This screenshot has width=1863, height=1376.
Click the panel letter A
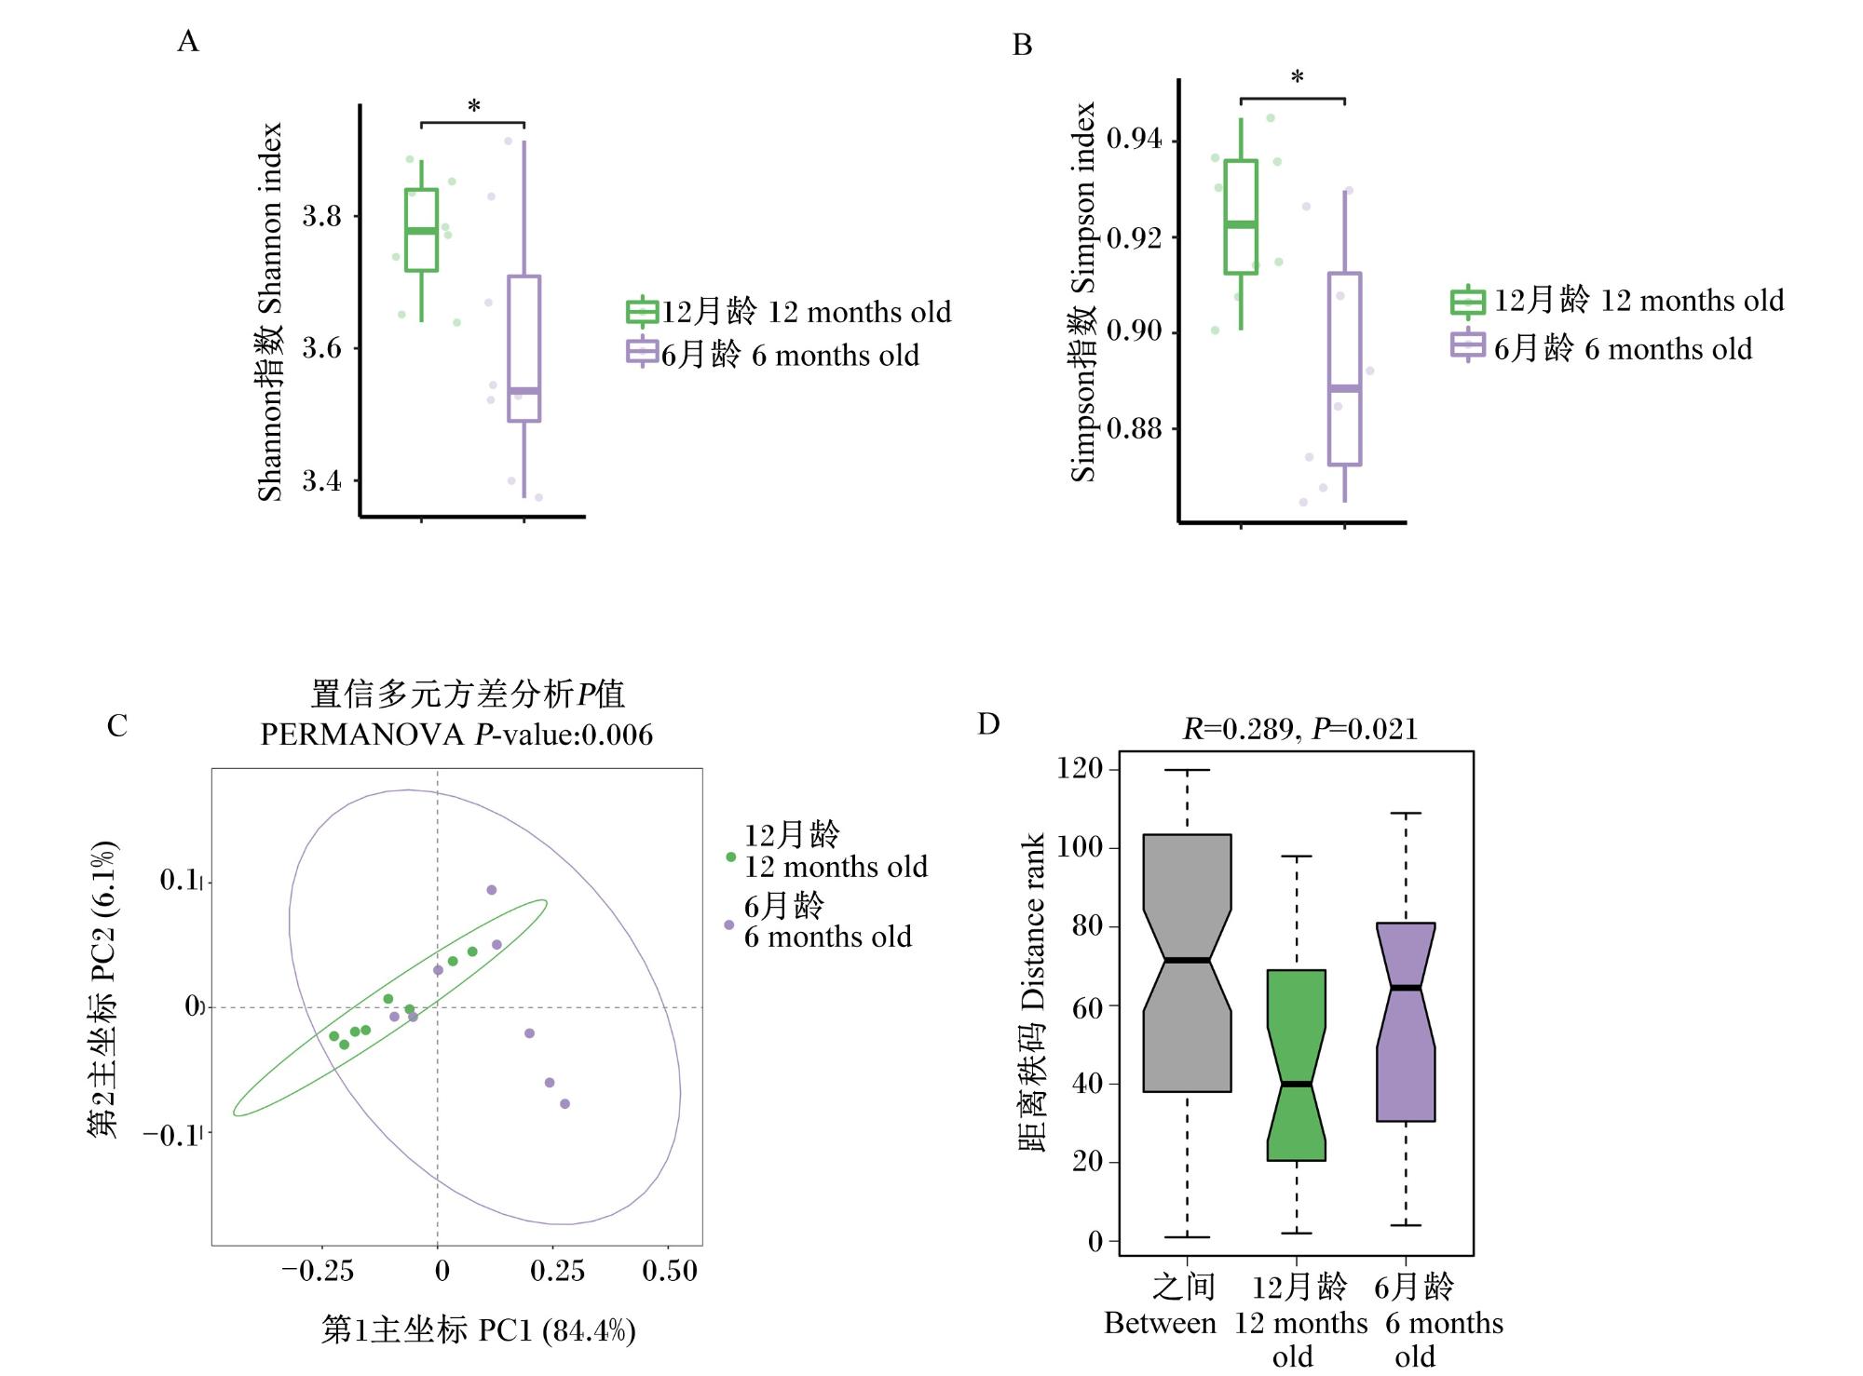pos(187,42)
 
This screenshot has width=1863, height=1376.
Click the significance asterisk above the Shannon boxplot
pos(474,107)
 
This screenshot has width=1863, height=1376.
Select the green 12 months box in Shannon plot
pos(422,230)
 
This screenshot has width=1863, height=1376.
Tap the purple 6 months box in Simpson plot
pos(1344,369)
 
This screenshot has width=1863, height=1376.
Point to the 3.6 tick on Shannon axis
pos(321,348)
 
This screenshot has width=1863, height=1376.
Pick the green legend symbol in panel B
pos(1468,301)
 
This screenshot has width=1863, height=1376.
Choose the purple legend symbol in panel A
pos(643,353)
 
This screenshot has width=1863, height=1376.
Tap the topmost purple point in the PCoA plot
pos(492,890)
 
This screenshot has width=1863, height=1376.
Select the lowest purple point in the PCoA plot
pos(564,1104)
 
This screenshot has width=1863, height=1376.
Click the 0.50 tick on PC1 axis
pos(670,1271)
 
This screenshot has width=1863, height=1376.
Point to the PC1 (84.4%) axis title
pos(479,1330)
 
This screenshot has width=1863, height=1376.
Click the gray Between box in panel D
pos(1188,963)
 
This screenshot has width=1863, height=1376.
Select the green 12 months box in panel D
pos(1297,1065)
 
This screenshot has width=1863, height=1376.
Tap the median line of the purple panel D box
pos(1406,988)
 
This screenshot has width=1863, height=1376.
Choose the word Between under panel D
pos(1161,1323)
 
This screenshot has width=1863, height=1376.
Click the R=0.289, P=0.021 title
pos(1300,729)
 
